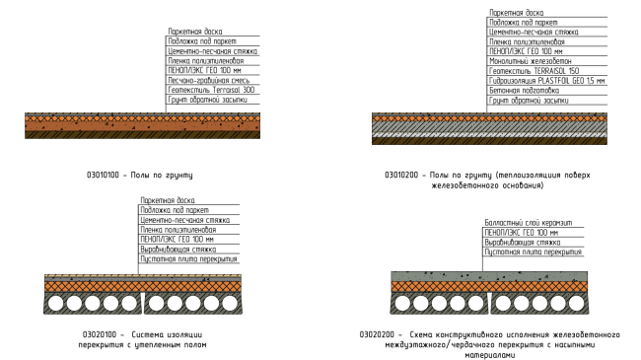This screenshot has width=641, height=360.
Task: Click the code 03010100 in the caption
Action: coord(103,176)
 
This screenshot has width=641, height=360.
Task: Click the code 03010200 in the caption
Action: coord(401,176)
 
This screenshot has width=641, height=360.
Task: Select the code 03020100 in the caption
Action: coord(100,334)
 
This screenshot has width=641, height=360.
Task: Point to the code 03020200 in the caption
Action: coord(377,334)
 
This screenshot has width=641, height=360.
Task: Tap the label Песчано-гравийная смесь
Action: coord(208,80)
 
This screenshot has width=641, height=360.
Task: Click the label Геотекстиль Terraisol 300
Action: coord(211,90)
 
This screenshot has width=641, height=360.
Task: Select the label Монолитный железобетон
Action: coord(531,61)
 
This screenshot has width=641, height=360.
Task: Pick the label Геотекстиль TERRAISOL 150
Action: coord(534,71)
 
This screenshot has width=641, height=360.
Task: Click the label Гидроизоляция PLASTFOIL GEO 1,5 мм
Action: coord(546,81)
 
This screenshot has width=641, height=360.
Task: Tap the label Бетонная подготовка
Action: coord(524,91)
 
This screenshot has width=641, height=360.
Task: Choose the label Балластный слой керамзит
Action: coord(529,223)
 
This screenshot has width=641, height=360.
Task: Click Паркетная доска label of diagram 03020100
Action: coord(168,200)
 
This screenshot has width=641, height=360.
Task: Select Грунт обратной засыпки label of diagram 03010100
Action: coord(208,100)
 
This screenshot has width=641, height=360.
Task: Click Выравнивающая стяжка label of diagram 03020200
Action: coord(523,243)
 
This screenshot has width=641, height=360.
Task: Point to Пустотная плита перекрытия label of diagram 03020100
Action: coord(188,259)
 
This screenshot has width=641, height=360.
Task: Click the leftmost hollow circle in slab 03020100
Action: coord(56,304)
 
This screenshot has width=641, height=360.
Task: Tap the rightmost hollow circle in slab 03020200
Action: coord(577,304)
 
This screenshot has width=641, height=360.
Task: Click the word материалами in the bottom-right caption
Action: coord(490,355)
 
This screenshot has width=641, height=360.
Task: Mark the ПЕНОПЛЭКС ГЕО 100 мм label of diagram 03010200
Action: coord(526,51)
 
